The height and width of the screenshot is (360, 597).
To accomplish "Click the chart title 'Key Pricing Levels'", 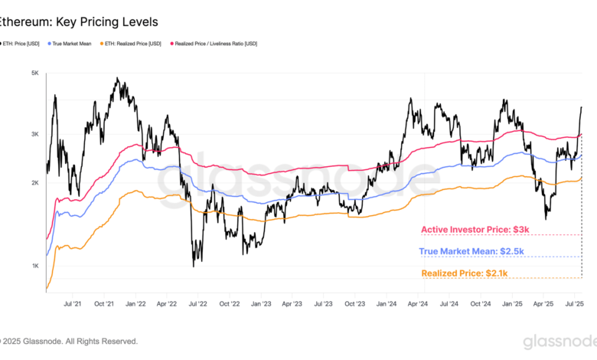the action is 107,22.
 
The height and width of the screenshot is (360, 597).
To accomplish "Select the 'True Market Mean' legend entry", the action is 70,44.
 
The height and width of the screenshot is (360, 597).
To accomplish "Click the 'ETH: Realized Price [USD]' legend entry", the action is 131,44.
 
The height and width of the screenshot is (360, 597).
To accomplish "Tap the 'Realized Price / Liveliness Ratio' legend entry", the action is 214,44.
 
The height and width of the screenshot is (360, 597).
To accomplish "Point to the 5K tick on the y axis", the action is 35,73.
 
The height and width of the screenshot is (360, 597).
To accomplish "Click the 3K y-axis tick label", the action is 35,134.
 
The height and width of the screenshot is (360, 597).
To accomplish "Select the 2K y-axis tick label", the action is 35,183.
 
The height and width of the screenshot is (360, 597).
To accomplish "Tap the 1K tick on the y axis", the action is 35,266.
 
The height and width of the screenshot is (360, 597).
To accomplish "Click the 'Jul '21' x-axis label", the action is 73,303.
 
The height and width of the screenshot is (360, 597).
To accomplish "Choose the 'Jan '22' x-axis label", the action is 135,303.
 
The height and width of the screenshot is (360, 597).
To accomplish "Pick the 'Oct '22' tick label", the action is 230,303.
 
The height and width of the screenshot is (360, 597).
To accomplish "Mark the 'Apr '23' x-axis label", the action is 292,303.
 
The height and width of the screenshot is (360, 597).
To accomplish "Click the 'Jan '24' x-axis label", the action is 387,303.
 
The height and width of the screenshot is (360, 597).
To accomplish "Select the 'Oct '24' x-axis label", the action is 481,303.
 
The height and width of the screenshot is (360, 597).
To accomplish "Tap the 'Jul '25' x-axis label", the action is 575,303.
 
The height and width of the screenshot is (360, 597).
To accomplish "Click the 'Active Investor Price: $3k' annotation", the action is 475,230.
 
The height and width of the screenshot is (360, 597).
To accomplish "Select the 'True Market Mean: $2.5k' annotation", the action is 471,251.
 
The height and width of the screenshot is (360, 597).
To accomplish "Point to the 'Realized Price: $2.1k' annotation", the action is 465,273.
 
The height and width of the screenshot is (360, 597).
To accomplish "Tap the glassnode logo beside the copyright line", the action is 559,342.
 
